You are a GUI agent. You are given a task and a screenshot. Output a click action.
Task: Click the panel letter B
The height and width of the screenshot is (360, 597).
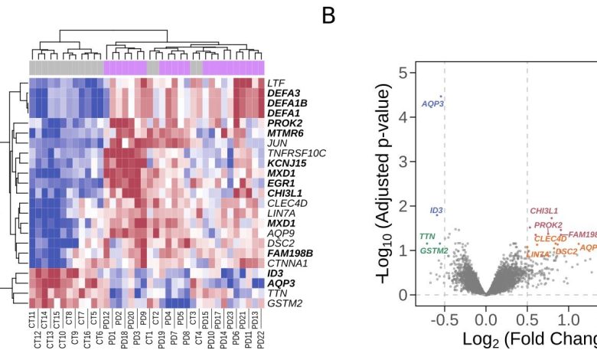click(328, 15)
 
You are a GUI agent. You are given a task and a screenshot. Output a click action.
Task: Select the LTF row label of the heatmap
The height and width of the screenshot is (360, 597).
click(275, 83)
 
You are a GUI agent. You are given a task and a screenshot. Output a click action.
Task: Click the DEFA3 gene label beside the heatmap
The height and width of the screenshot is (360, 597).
click(282, 93)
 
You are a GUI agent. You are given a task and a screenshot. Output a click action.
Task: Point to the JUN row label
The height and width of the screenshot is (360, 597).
click(276, 143)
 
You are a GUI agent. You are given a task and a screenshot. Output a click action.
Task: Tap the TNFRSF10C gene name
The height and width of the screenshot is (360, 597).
click(296, 153)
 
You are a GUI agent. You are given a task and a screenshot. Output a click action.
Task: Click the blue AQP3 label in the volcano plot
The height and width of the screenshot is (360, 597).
click(432, 103)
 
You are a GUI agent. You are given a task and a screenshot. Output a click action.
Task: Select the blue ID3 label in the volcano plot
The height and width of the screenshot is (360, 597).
click(436, 210)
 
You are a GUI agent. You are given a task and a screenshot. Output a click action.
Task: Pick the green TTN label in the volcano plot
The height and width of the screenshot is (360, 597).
click(427, 237)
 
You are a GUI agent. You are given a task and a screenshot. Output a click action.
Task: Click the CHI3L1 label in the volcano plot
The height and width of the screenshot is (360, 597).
click(544, 211)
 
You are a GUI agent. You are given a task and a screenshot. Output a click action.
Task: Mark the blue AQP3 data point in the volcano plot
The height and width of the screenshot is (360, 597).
click(440, 97)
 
